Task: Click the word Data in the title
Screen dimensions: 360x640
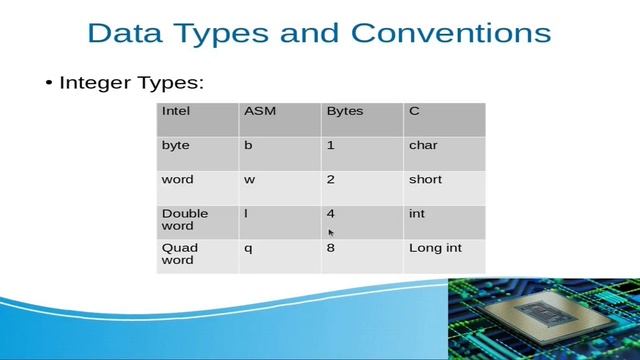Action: (124, 33)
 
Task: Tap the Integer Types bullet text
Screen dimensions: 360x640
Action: (131, 82)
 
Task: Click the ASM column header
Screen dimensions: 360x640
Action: (259, 111)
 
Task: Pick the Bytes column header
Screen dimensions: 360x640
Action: (344, 111)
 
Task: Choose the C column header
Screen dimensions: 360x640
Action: (414, 111)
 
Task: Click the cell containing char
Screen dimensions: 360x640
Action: (423, 146)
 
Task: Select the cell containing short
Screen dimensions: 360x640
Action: (425, 180)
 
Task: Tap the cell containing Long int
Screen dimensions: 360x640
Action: (435, 248)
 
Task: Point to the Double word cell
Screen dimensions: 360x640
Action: (184, 220)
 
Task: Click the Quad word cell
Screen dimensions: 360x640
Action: (180, 254)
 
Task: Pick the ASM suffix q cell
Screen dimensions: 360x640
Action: (248, 248)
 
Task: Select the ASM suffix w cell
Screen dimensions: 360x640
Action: (248, 180)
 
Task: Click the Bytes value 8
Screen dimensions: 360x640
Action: (330, 248)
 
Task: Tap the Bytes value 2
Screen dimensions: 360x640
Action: (330, 180)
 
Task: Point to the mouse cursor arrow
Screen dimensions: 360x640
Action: (332, 233)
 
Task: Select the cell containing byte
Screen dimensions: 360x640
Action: (175, 146)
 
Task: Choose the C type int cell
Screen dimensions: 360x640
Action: (416, 214)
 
